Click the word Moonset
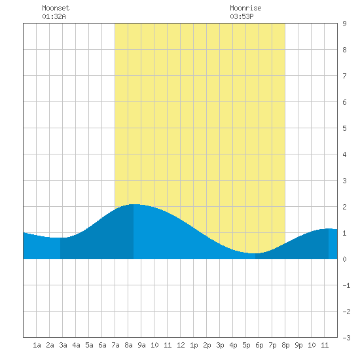[56, 8]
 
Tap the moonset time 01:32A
[54, 16]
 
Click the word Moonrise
[245, 8]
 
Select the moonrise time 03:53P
[242, 16]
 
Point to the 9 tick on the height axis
[344, 24]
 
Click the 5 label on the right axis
[344, 128]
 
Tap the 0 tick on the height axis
[344, 259]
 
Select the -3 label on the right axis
[346, 338]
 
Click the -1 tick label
[346, 285]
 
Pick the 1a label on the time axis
[37, 345]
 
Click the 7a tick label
[115, 345]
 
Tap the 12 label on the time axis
[181, 345]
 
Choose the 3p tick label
[220, 345]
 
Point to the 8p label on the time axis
[285, 345]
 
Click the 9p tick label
[298, 345]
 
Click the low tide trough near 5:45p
[255, 253]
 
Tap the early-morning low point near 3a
[60, 238]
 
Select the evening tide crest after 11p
[329, 228]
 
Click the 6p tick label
[259, 345]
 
